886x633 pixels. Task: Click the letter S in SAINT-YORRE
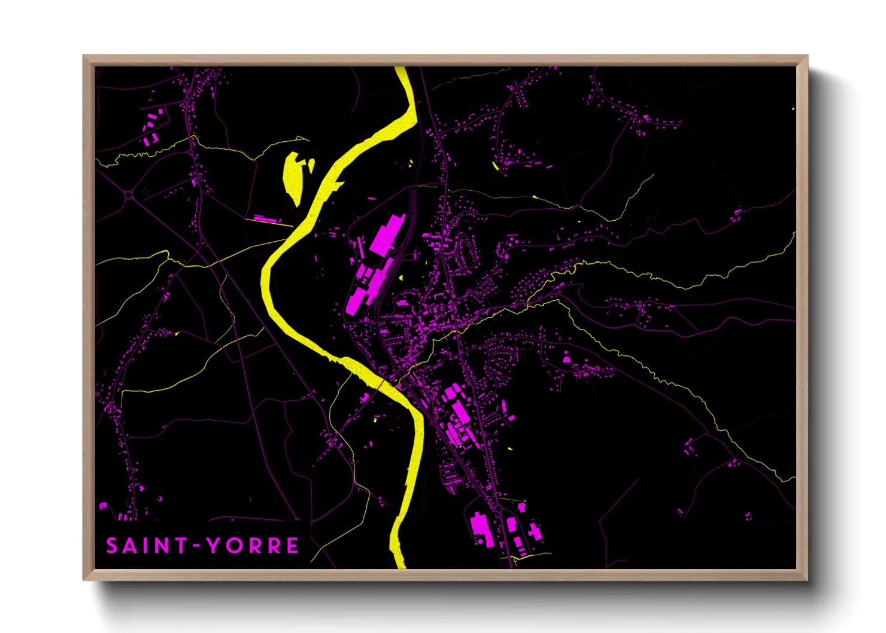point(112,546)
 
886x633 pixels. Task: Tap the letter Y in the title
point(213,546)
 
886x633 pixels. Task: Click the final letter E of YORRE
point(292,546)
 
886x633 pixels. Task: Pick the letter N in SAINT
point(159,546)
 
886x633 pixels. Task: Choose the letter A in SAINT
point(131,546)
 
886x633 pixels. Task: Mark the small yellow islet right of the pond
point(311,165)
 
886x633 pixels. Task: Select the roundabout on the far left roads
point(129,194)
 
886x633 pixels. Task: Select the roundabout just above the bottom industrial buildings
point(498,508)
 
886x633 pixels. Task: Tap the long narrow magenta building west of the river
point(267,220)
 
